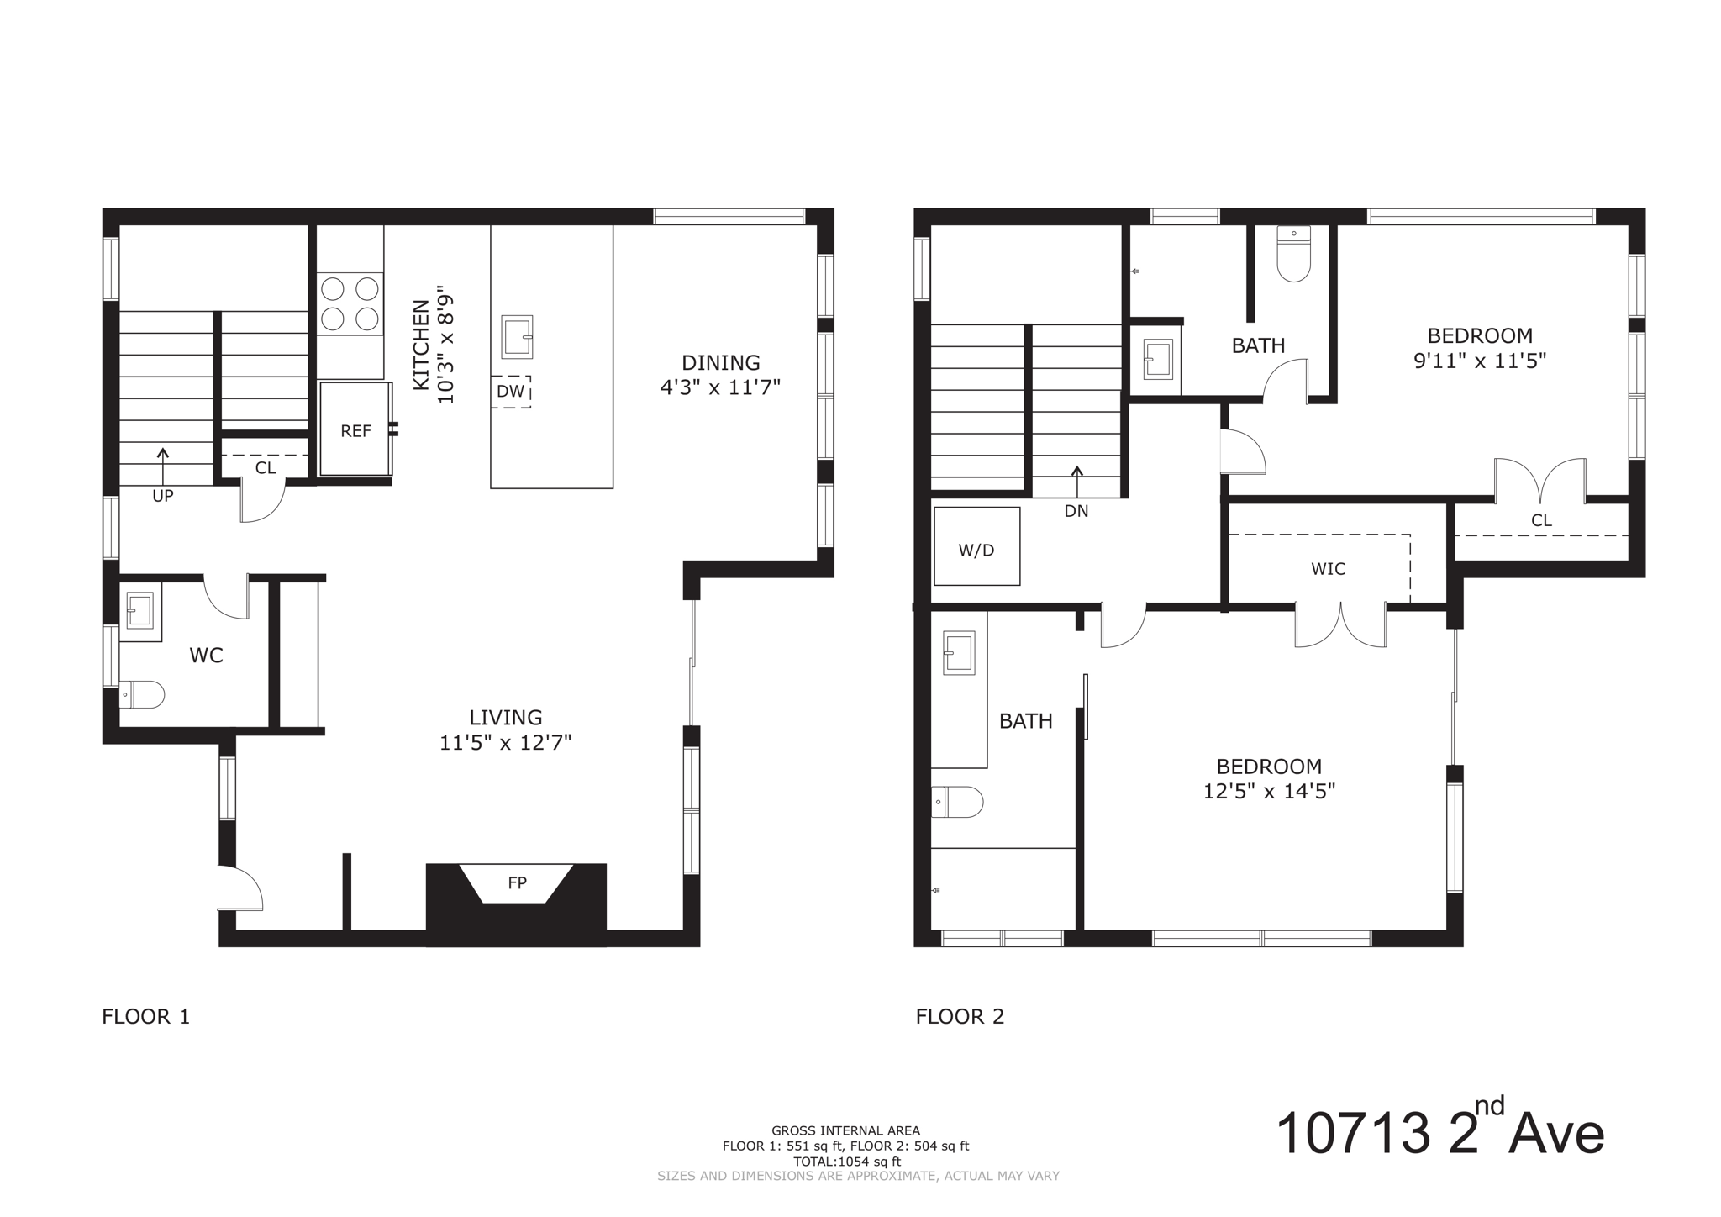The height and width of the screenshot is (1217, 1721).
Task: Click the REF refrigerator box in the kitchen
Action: tap(355, 430)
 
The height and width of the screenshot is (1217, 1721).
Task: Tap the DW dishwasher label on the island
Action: tap(510, 392)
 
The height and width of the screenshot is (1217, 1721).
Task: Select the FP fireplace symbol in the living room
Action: tap(517, 883)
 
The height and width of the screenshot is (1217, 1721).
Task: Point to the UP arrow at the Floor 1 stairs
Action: tap(162, 466)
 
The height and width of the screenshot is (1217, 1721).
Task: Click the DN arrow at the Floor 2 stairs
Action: tap(1076, 482)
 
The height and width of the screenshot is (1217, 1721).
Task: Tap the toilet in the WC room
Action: tap(142, 695)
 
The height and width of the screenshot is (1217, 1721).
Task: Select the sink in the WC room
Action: tap(139, 610)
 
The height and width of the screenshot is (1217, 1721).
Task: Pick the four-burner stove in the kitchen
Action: tap(350, 303)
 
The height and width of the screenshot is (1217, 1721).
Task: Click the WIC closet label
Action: tap(1328, 570)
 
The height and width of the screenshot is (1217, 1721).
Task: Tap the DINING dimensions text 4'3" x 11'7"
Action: tap(720, 388)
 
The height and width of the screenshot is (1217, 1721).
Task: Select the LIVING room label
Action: tap(505, 718)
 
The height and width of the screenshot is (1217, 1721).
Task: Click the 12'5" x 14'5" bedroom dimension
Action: tap(1269, 792)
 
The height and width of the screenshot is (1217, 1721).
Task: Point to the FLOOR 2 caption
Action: tap(960, 1017)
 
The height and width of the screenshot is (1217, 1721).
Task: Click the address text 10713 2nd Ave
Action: tap(1439, 1133)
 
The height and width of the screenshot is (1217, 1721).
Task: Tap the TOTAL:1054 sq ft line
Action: tap(846, 1162)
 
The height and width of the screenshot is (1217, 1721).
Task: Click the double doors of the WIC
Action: tap(1340, 625)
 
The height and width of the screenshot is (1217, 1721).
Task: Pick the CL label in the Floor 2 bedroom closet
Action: tap(1541, 521)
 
